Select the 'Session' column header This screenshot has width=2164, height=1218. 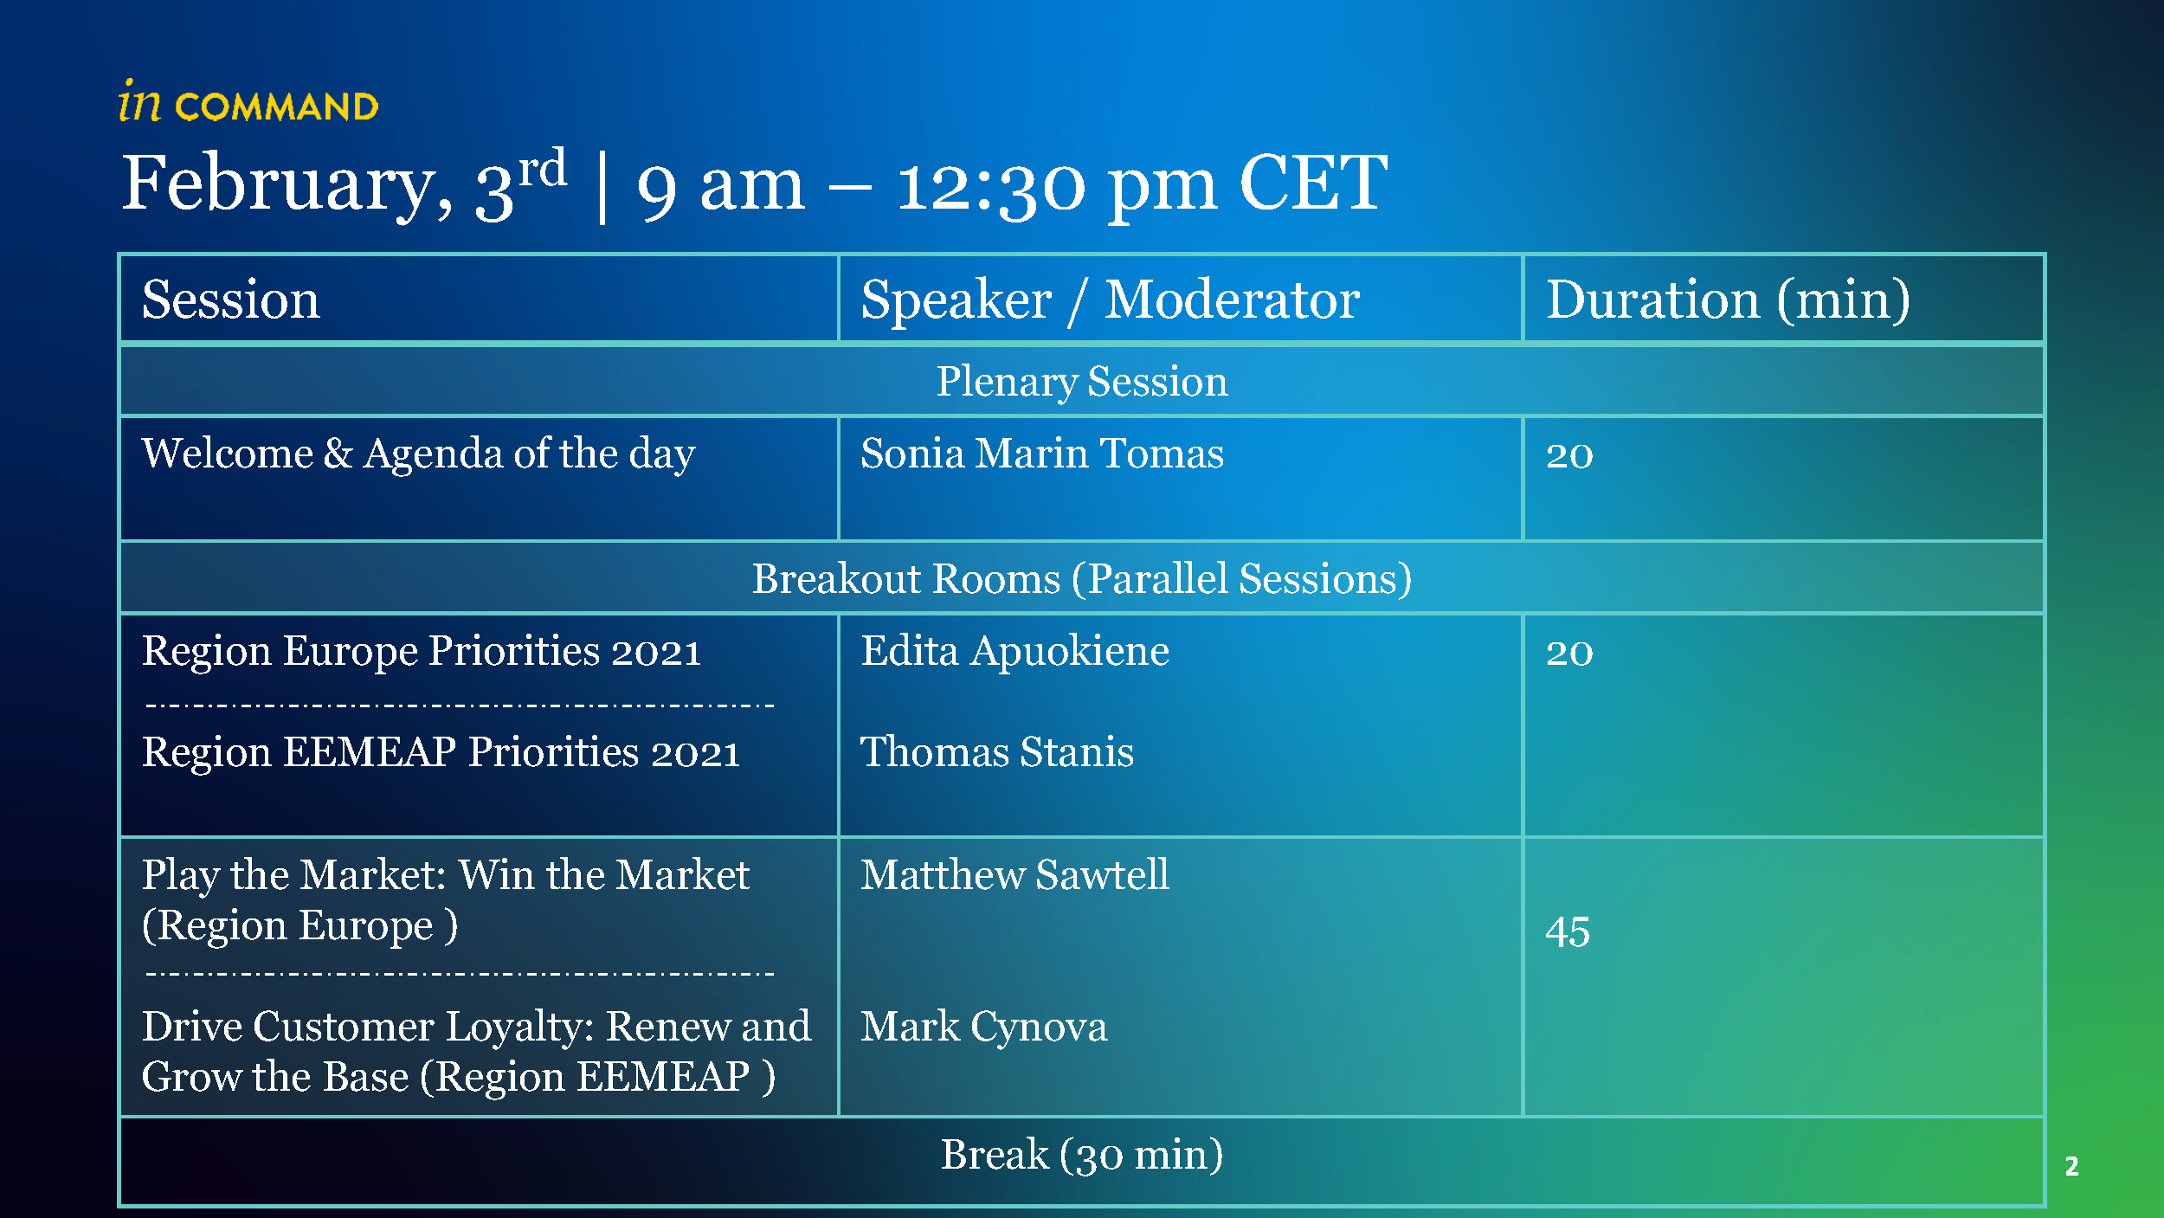click(230, 300)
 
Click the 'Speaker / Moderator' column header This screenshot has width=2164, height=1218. click(1110, 300)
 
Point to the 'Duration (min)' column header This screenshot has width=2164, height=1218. click(1728, 300)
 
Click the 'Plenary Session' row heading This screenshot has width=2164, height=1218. click(1082, 382)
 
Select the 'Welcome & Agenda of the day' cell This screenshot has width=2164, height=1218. click(418, 454)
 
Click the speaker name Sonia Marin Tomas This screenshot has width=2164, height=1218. click(1042, 454)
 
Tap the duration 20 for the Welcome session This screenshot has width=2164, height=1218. click(1569, 455)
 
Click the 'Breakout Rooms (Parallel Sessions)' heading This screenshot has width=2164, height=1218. click(1082, 579)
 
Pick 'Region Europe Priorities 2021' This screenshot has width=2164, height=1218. click(422, 652)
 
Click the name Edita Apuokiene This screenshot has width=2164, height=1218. click(1014, 652)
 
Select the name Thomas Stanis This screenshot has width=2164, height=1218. click(997, 751)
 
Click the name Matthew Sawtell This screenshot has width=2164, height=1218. click(1014, 874)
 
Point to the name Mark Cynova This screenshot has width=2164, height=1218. click(984, 1028)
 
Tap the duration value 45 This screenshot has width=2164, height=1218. click(1568, 933)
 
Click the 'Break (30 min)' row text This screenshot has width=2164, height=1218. click(1082, 1155)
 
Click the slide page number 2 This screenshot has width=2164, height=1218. click(2071, 1166)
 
